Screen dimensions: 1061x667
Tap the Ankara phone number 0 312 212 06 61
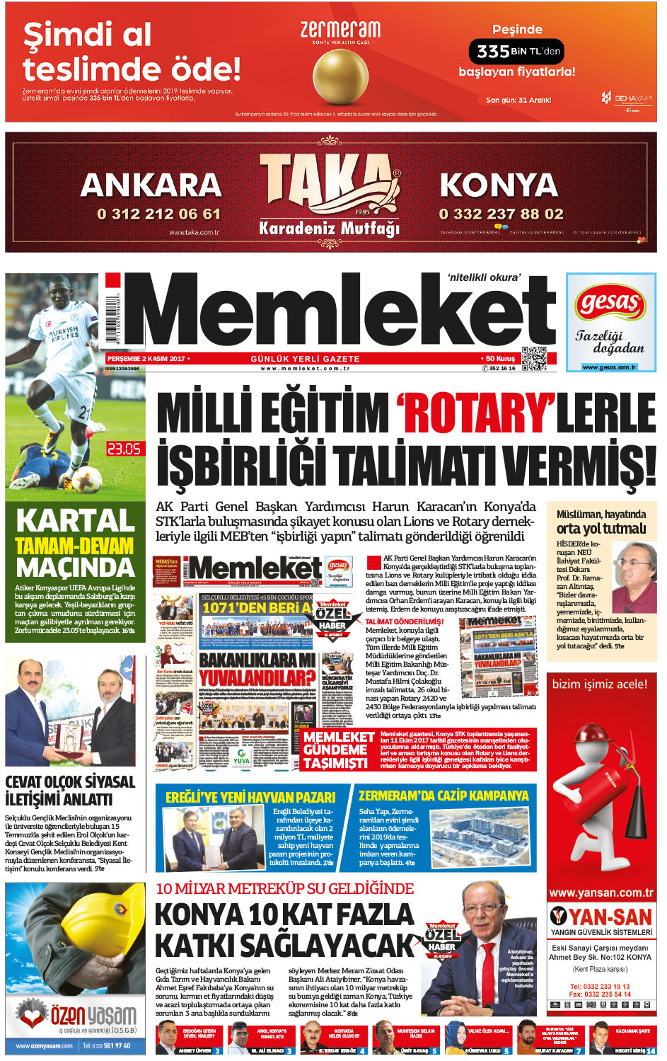pos(159,214)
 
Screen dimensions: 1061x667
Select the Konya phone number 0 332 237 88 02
pos(501,214)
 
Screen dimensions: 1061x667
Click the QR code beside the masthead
pos(534,359)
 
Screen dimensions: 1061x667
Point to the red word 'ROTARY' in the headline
pos(475,412)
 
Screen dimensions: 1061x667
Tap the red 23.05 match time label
pos(124,449)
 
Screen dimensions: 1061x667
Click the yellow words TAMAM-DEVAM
pos(75,546)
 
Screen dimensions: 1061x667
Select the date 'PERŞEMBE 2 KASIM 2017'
pos(146,359)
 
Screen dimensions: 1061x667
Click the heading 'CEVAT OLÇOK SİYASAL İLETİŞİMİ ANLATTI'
pos(69,791)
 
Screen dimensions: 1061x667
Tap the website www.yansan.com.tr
pos(601,893)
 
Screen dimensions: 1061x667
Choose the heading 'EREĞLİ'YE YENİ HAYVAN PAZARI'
pos(250,797)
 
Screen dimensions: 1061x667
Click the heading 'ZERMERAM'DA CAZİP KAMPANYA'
pos(443,796)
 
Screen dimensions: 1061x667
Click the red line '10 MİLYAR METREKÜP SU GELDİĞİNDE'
pos(285,889)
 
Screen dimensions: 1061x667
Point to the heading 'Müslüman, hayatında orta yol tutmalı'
pos(601,522)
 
